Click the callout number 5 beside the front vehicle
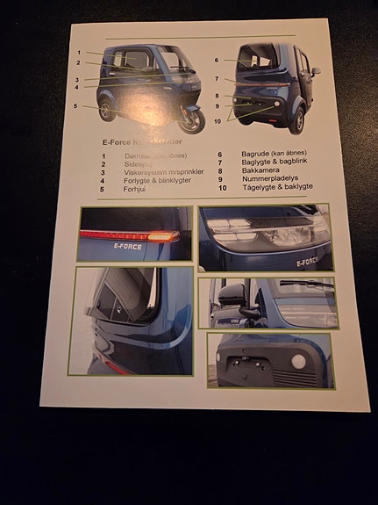point(76,106)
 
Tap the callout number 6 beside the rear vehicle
point(217,60)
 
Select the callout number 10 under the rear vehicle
point(218,121)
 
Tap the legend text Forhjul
point(134,189)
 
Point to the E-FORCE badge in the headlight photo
point(308,261)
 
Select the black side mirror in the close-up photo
point(231,296)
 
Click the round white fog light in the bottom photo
point(299,361)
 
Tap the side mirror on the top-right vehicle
point(316,71)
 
